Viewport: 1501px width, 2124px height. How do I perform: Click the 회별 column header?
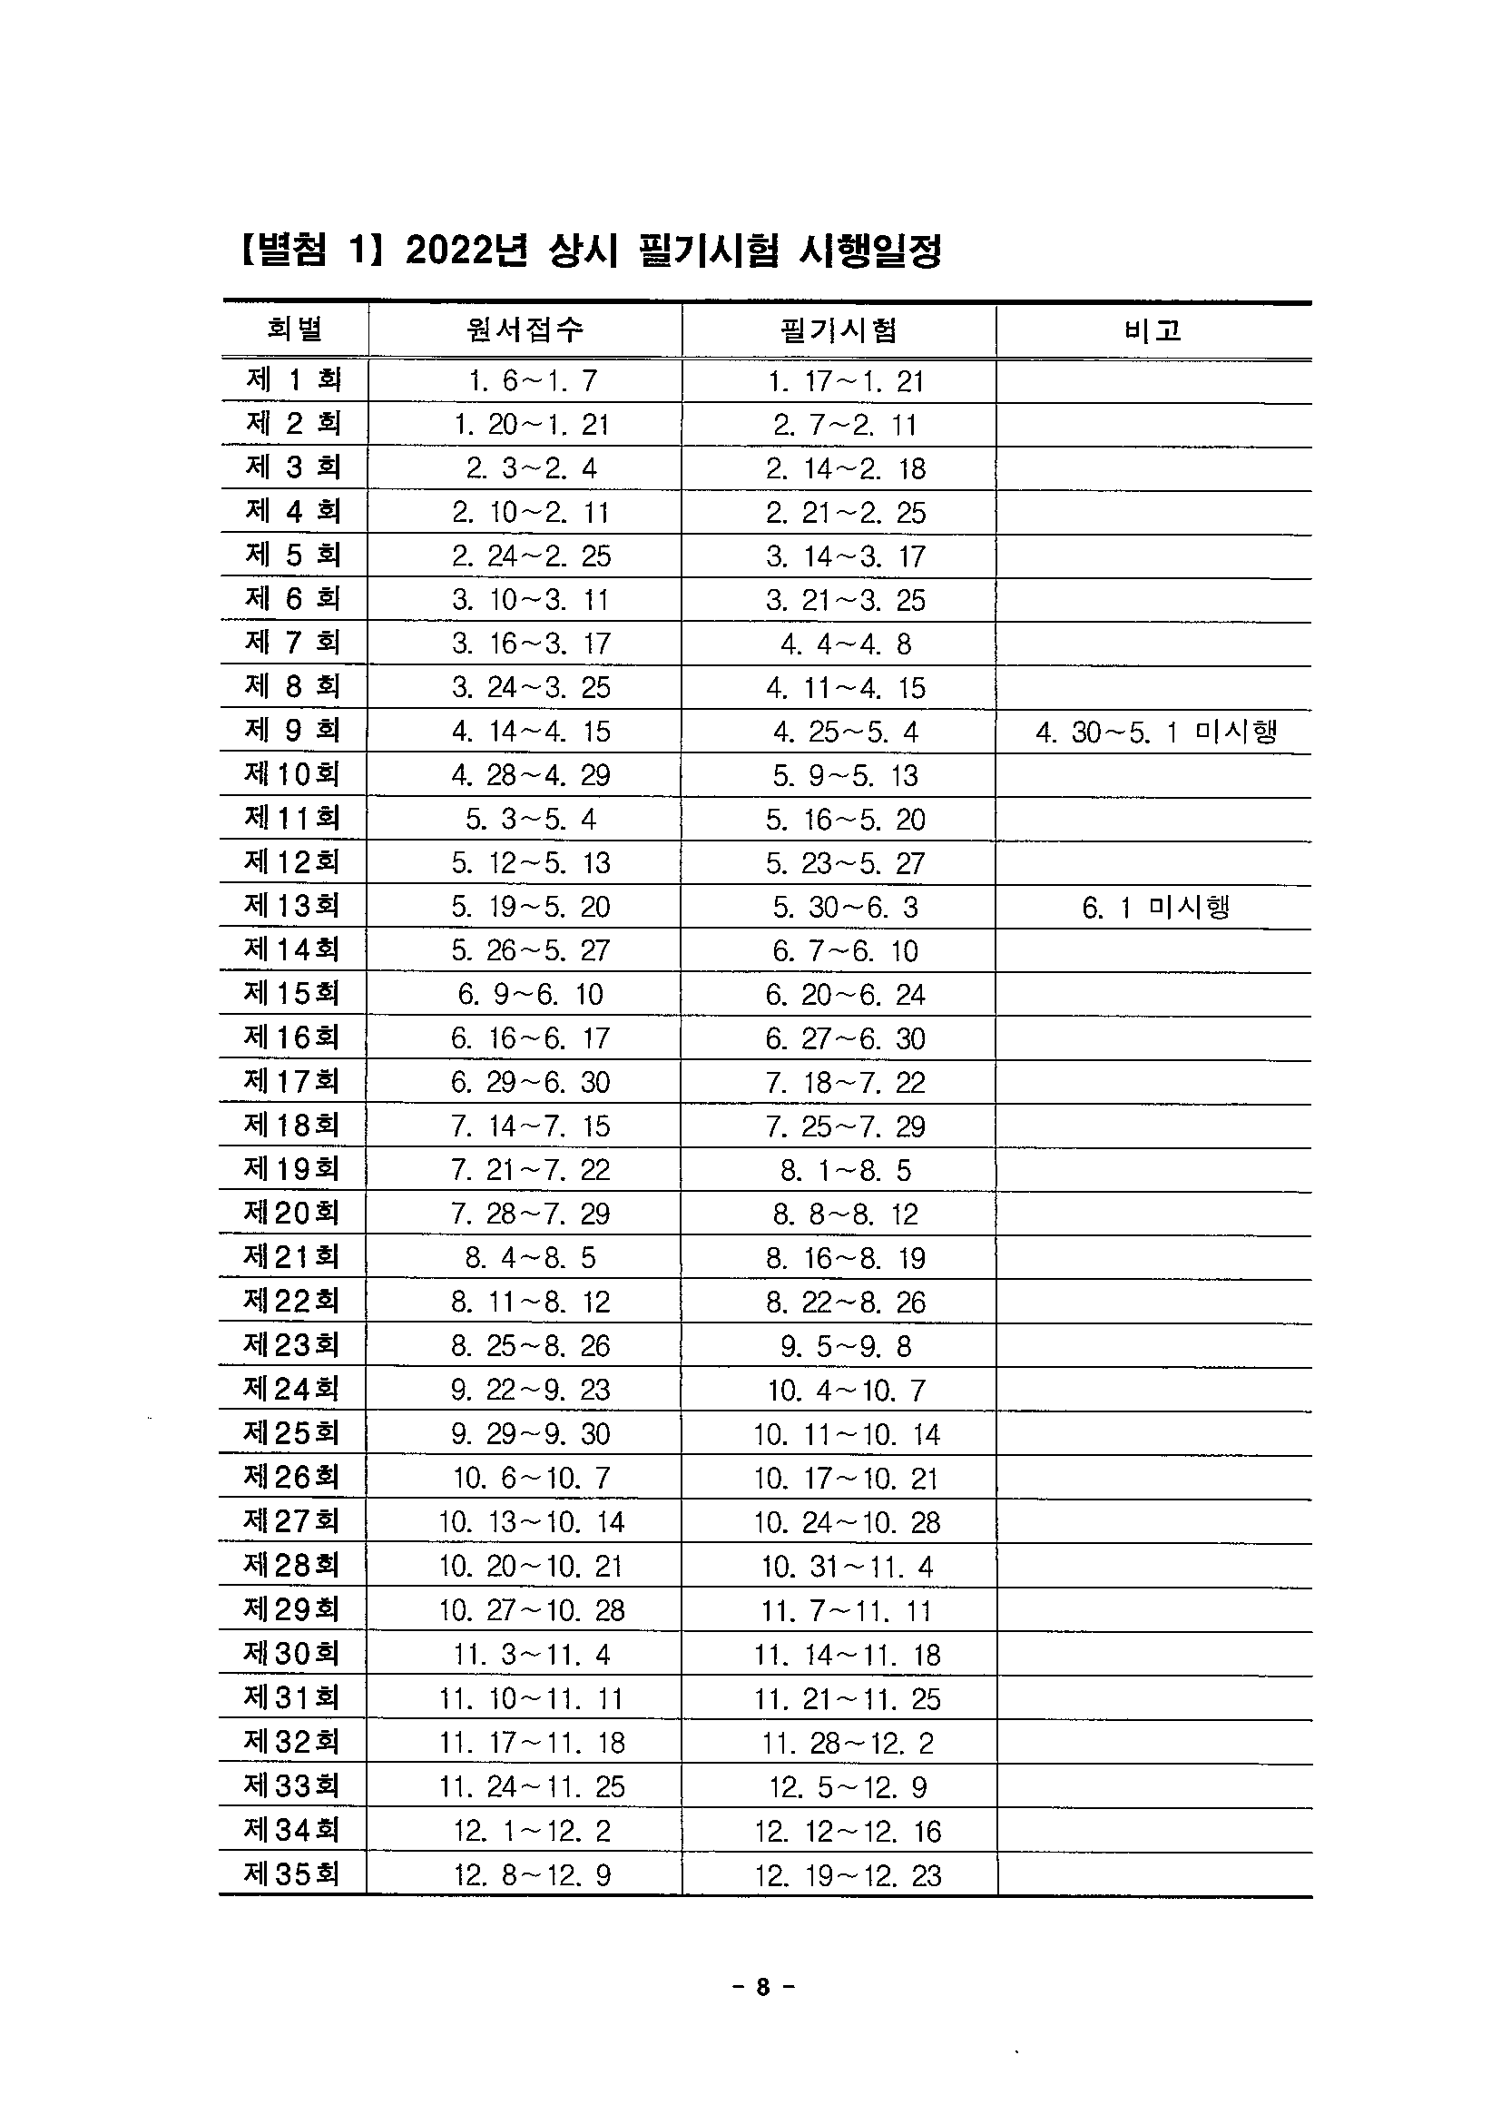tap(294, 329)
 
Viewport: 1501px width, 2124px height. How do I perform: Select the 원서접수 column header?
tap(525, 329)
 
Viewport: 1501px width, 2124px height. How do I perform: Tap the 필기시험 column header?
tap(839, 330)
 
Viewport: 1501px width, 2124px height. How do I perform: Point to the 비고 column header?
tap(1153, 330)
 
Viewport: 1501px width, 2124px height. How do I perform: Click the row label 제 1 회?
tap(294, 379)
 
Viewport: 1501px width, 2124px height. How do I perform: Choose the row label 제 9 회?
tap(294, 731)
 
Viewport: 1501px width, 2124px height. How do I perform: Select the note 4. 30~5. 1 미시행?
tap(1156, 733)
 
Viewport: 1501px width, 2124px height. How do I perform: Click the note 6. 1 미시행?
tap(1156, 907)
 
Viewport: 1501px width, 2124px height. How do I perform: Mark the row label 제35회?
tap(292, 1874)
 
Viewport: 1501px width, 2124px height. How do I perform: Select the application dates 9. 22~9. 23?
tap(531, 1390)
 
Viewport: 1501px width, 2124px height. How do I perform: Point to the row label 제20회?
tap(292, 1213)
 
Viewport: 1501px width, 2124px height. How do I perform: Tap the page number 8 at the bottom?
tap(762, 1987)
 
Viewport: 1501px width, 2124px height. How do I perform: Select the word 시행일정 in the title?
tap(870, 251)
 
